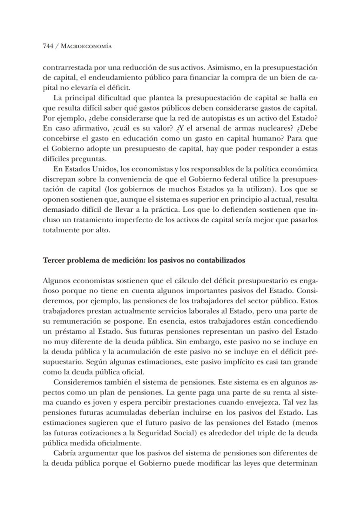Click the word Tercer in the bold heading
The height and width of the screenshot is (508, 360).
(53, 261)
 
